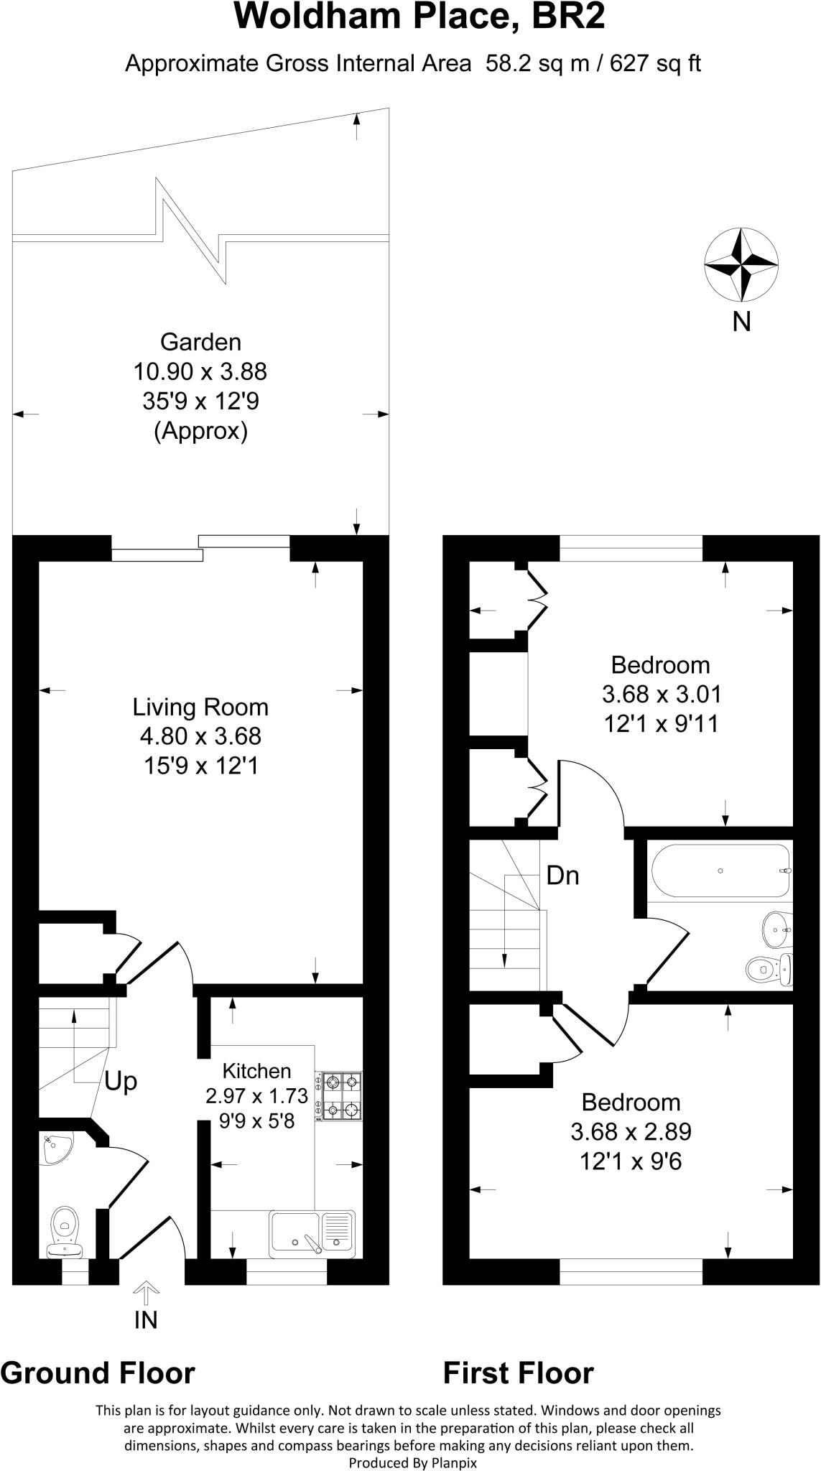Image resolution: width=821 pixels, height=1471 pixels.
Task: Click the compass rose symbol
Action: click(x=741, y=264)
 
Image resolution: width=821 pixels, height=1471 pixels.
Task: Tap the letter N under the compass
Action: click(x=741, y=322)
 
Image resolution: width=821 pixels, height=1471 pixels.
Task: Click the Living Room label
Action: click(x=200, y=707)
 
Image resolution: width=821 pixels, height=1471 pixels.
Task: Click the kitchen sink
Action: click(x=312, y=1234)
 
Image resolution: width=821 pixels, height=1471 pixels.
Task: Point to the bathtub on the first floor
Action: click(x=721, y=871)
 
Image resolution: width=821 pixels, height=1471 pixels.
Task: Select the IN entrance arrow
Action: click(x=146, y=1295)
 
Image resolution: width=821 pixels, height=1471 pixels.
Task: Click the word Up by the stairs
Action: click(x=121, y=1081)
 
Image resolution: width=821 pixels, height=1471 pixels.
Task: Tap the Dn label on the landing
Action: click(x=562, y=876)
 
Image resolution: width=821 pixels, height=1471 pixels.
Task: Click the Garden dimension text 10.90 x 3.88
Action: click(x=200, y=371)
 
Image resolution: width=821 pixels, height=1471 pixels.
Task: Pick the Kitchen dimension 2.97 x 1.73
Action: click(x=256, y=1096)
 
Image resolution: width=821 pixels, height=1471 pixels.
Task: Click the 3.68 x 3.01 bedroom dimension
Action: click(x=661, y=695)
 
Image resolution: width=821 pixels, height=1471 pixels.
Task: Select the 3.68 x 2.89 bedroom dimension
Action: click(x=631, y=1132)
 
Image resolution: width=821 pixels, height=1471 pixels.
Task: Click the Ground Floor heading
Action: click(x=98, y=1373)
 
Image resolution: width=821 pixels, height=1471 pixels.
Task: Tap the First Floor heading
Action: click(x=518, y=1373)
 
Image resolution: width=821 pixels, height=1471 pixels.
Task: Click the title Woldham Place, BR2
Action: click(x=419, y=17)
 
